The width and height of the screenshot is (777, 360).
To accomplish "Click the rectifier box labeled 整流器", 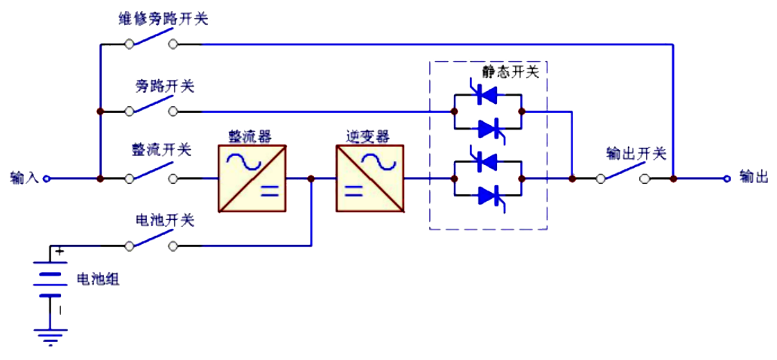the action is tap(251, 178).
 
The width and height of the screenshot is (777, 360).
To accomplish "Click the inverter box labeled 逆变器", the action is tap(370, 178).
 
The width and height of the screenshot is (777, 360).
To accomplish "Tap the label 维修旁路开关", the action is tap(163, 19).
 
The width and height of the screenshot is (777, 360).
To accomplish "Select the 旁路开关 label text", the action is tap(165, 87).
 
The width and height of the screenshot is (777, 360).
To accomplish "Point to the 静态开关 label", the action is tap(510, 72).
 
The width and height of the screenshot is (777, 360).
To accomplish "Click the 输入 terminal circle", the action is tap(46, 178).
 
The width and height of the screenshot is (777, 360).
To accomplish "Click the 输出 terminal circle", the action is tap(727, 178).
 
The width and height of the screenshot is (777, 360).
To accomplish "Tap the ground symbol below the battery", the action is tap(50, 337).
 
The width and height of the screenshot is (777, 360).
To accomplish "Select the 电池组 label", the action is tap(98, 280).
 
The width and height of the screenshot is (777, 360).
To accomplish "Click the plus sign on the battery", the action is tap(60, 252).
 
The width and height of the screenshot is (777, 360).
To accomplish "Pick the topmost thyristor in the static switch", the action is tap(488, 95).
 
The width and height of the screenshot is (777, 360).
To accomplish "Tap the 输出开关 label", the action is tap(636, 154).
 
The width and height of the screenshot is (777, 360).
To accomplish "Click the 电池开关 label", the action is tap(165, 221).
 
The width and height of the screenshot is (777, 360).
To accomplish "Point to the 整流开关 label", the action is tap(161, 149).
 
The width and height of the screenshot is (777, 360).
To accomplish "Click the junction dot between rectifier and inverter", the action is tap(311, 178).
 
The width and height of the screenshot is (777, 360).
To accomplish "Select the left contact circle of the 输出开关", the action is tap(601, 178).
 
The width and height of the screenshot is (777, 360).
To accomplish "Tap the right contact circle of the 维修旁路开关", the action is tap(173, 44).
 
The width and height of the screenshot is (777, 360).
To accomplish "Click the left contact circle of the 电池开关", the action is tap(129, 246).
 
